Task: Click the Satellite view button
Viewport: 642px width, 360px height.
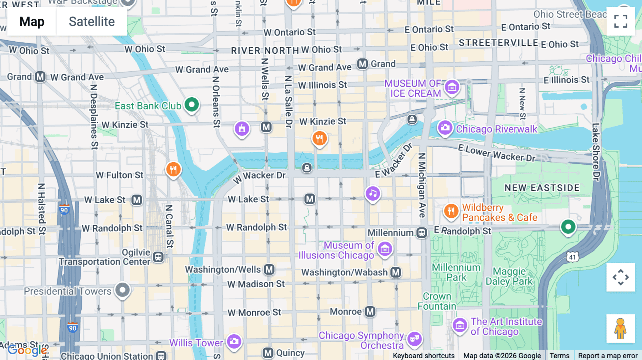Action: [92, 21]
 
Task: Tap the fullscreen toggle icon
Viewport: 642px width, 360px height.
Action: [621, 21]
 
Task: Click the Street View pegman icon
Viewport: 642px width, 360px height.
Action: [621, 328]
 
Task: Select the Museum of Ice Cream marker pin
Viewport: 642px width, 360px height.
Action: [452, 87]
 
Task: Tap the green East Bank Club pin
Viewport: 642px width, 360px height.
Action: [192, 105]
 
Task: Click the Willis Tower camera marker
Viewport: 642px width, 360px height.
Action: [234, 341]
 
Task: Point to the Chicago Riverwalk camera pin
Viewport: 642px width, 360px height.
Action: [445, 128]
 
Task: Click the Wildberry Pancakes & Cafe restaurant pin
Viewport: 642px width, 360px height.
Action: [451, 211]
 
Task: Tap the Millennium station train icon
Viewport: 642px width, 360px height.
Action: [422, 233]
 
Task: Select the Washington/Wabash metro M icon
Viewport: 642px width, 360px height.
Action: [396, 272]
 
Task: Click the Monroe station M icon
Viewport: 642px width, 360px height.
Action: [370, 312]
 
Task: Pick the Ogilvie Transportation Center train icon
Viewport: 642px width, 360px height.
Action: [158, 257]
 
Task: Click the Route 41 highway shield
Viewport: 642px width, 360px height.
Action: [572, 257]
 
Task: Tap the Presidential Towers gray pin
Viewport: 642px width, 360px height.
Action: [122, 290]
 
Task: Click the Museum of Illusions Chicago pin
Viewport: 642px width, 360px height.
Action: [385, 249]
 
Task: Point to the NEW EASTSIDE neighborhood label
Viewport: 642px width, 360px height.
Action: [542, 188]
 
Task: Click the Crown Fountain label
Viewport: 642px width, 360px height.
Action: [437, 301]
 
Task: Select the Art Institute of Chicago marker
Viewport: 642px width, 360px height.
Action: [460, 325]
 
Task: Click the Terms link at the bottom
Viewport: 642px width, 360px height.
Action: [559, 355]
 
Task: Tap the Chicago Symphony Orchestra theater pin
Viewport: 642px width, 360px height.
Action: [414, 339]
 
